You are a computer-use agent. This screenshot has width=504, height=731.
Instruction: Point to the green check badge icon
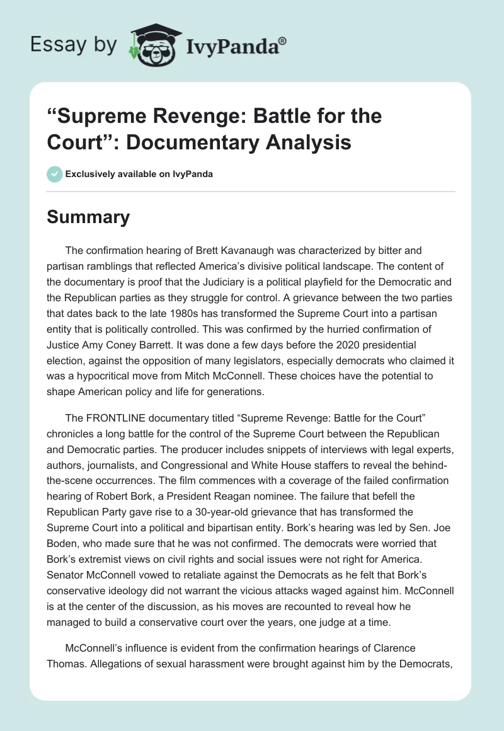point(54,174)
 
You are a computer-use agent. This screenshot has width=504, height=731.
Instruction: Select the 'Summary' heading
point(88,217)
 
